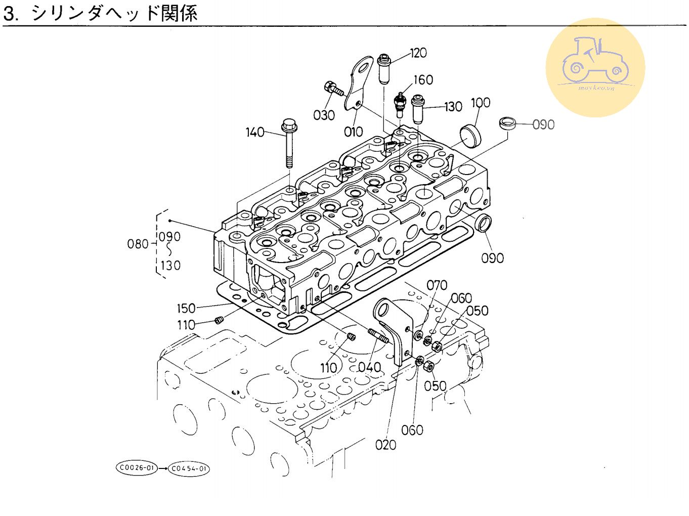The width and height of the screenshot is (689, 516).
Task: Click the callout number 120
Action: tap(418, 53)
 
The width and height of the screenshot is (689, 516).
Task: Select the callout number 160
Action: tap(423, 80)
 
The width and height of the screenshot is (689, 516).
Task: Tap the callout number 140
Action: tap(255, 133)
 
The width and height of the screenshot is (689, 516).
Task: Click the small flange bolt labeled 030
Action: tap(333, 89)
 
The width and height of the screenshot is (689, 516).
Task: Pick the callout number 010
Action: tap(354, 132)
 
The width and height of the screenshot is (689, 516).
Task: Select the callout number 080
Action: tap(138, 244)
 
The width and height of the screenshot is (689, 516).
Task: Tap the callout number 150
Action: tap(186, 309)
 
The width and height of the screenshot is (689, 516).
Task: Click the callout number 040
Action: tap(370, 368)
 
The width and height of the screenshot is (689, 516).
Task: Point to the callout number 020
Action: tap(386, 445)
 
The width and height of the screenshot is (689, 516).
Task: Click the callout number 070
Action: tap(437, 286)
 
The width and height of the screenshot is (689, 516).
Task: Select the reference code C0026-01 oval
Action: tap(137, 468)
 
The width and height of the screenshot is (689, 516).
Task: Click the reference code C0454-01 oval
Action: tap(189, 469)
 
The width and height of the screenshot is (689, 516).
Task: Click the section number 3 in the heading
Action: tap(10, 14)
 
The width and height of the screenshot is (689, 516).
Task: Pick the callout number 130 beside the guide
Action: tap(453, 107)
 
